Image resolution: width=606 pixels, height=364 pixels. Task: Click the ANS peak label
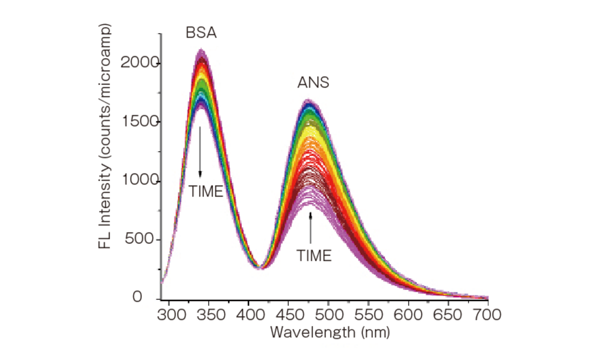313,83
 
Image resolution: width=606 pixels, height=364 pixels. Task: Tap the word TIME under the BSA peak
206,192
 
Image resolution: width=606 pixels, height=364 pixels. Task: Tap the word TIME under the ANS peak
314,256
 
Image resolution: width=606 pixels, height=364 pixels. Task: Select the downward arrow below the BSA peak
200,151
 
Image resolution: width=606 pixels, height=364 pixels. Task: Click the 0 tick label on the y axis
151,298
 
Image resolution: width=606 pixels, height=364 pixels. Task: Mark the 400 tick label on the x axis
248,315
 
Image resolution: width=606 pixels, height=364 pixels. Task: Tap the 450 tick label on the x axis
288,315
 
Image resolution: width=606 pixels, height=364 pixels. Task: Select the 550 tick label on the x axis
368,315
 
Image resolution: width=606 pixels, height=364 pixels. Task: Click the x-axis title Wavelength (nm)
330,332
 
